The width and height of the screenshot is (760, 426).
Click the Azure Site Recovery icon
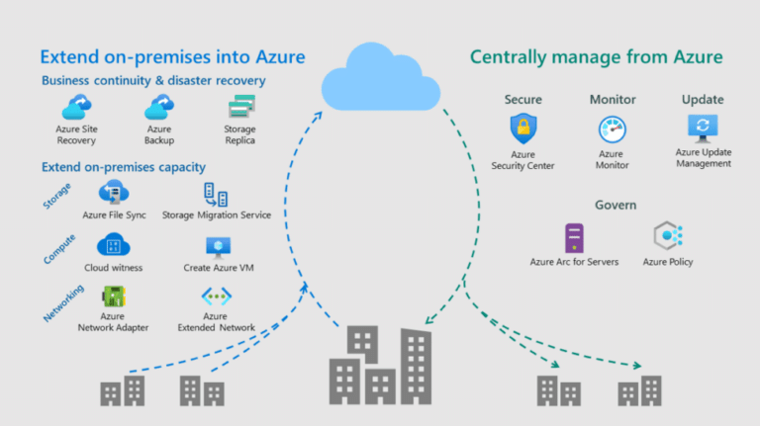coord(76,107)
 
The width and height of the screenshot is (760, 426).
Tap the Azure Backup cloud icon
coord(159,107)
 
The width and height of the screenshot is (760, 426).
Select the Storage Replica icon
coord(241,107)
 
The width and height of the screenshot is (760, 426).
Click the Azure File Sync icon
coord(114,192)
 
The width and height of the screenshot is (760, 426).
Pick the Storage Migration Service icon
coord(216,195)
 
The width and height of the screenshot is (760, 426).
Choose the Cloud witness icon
coord(114,244)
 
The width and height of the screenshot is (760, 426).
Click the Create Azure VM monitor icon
coord(218,247)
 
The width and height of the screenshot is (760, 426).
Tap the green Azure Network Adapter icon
coord(114,297)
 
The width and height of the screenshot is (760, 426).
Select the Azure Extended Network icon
coord(216,297)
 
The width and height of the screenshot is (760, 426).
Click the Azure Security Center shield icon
coord(522,128)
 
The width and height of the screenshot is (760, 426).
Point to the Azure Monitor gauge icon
coord(613,129)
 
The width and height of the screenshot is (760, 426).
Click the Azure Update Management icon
coord(703,128)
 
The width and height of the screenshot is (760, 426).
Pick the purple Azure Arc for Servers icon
coord(574,237)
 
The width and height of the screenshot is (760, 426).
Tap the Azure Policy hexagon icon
coord(668,236)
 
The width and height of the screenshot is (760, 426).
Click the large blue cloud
coord(380,77)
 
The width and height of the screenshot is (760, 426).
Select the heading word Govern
coord(616,205)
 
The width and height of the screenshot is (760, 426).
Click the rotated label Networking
coord(63,303)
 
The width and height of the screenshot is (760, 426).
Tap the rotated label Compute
coord(59,249)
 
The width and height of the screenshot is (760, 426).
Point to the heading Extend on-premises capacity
coord(124,167)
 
